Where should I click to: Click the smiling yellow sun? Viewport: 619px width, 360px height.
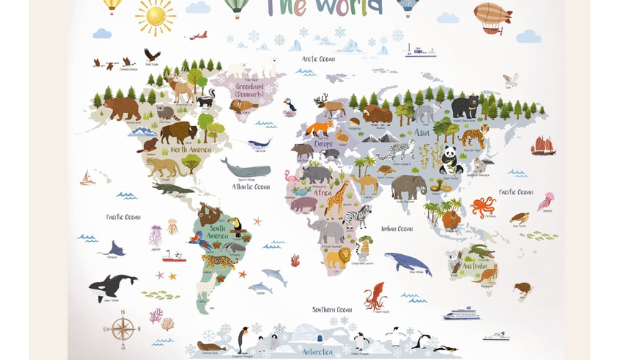coord(155,16)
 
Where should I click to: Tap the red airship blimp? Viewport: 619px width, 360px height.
coord(493,15)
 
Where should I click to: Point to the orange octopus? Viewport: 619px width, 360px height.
coord(482,206)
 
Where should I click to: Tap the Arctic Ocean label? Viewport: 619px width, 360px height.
coord(318,59)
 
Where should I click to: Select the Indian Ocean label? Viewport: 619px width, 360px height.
coord(397,229)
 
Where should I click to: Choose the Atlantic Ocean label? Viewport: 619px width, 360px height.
coord(251,186)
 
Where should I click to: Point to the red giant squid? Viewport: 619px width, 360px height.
coord(375,295)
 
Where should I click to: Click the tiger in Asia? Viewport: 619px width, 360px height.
coord(473,134)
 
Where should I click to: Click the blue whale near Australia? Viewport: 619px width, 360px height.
coord(407,263)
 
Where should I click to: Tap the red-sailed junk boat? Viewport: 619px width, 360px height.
coord(543,145)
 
